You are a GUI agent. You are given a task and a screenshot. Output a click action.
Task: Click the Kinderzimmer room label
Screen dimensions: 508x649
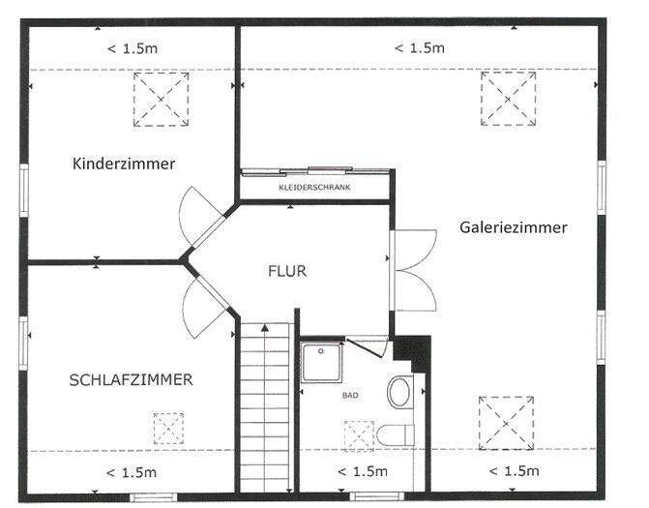click(x=124, y=164)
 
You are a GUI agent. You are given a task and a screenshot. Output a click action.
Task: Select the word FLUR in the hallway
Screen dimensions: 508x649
click(x=287, y=271)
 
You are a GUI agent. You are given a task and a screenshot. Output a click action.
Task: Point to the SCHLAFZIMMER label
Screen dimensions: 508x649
click(x=131, y=380)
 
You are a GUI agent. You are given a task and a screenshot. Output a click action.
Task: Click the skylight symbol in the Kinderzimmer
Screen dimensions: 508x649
click(x=161, y=99)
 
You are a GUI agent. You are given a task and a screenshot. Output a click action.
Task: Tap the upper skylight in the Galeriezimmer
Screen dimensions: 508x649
click(x=509, y=99)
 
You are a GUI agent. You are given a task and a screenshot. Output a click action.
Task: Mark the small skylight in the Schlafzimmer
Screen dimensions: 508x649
click(x=168, y=428)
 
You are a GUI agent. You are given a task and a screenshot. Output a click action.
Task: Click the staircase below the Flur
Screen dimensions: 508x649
click(x=264, y=406)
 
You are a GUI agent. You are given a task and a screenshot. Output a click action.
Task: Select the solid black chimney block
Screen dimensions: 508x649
click(x=413, y=350)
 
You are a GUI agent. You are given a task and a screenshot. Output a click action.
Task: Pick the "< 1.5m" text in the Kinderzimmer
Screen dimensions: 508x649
click(x=131, y=48)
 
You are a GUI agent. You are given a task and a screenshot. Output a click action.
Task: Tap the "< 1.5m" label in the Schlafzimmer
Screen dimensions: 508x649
click(x=131, y=472)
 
